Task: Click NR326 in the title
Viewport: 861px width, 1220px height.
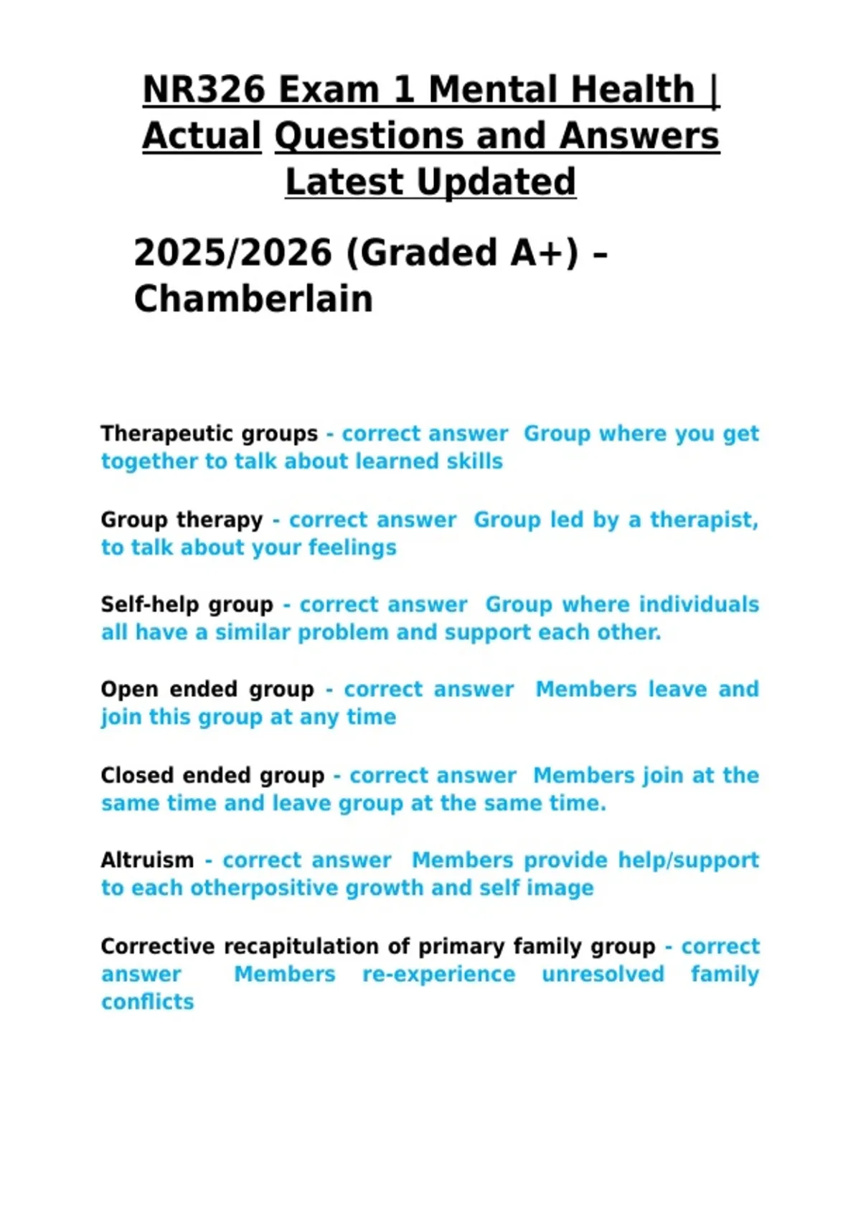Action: pyautogui.click(x=204, y=90)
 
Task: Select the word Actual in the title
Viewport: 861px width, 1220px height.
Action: pyautogui.click(x=202, y=136)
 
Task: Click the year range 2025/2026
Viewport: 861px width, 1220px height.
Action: pyautogui.click(x=233, y=253)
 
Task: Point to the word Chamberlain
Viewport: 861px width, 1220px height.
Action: pyautogui.click(x=253, y=299)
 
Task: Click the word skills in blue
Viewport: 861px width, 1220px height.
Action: pyautogui.click(x=474, y=461)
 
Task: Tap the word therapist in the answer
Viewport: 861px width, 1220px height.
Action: pyautogui.click(x=703, y=520)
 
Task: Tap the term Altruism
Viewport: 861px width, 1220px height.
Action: pyautogui.click(x=147, y=860)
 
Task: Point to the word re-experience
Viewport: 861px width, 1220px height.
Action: pyautogui.click(x=438, y=975)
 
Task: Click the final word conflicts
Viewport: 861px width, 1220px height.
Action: pyautogui.click(x=147, y=1002)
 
